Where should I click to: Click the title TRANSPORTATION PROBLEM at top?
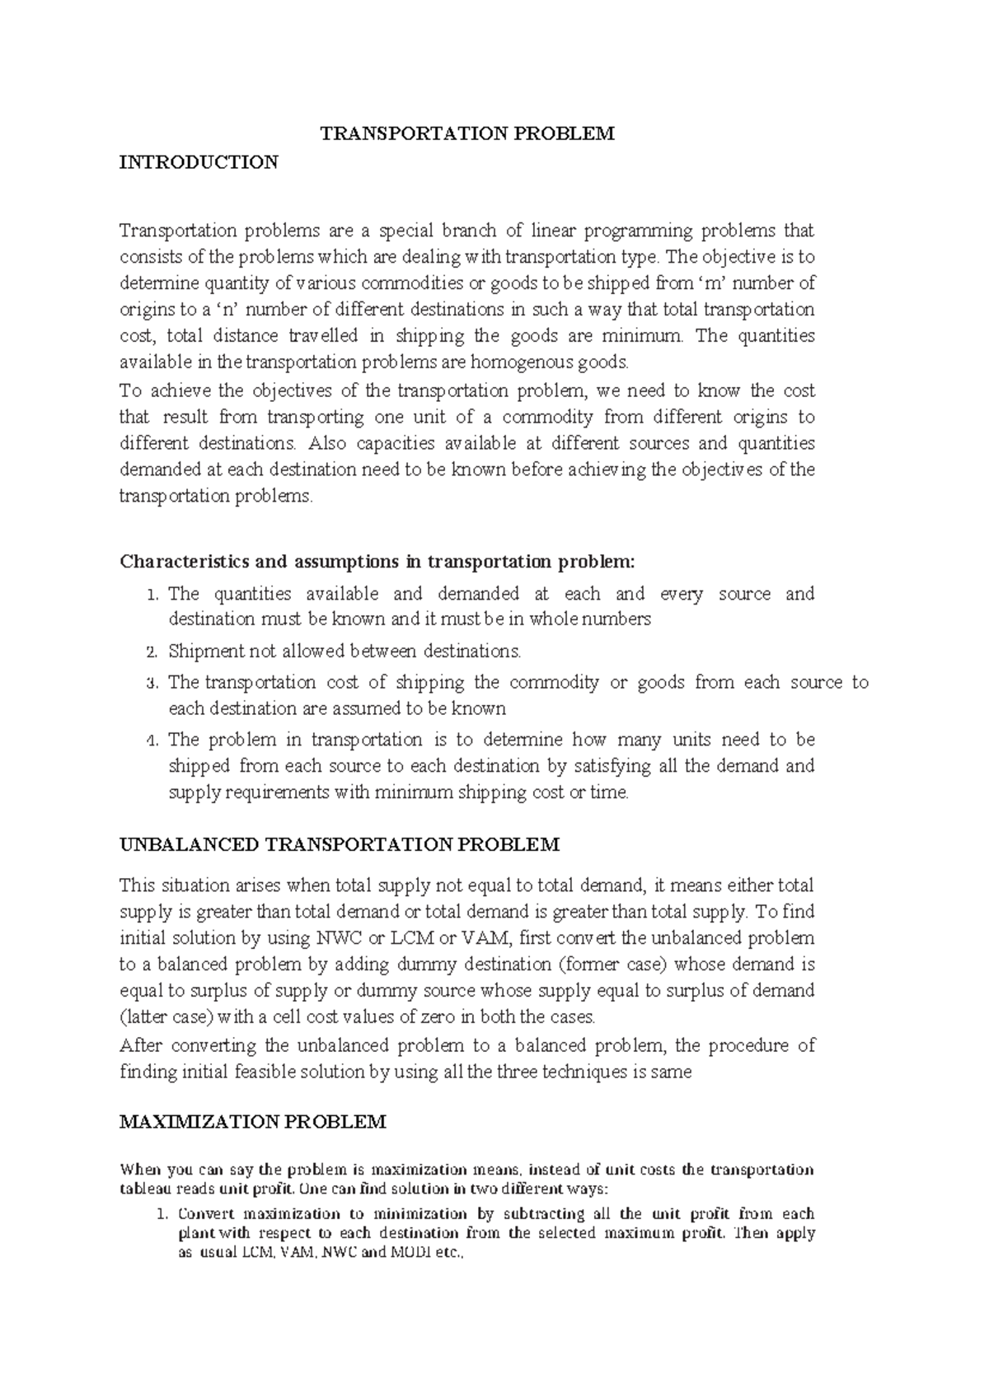coord(467,133)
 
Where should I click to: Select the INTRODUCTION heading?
coord(199,161)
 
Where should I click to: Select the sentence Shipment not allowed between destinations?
coord(345,652)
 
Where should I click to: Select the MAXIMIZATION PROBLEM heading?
coord(252,1122)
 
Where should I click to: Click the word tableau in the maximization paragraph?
coord(148,1189)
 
